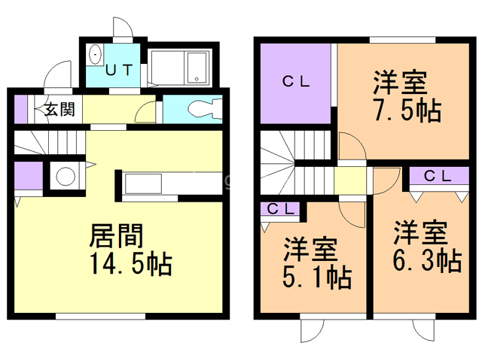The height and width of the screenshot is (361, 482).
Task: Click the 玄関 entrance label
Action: coord(58,109)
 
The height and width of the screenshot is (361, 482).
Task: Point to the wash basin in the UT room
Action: coord(96,56)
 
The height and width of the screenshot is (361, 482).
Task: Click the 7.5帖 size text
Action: coord(407,111)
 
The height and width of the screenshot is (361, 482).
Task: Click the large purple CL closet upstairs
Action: coord(295,83)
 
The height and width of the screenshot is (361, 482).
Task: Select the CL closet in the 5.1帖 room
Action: coord(280,209)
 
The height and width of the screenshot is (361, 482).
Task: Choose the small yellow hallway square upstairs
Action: coord(349,180)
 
